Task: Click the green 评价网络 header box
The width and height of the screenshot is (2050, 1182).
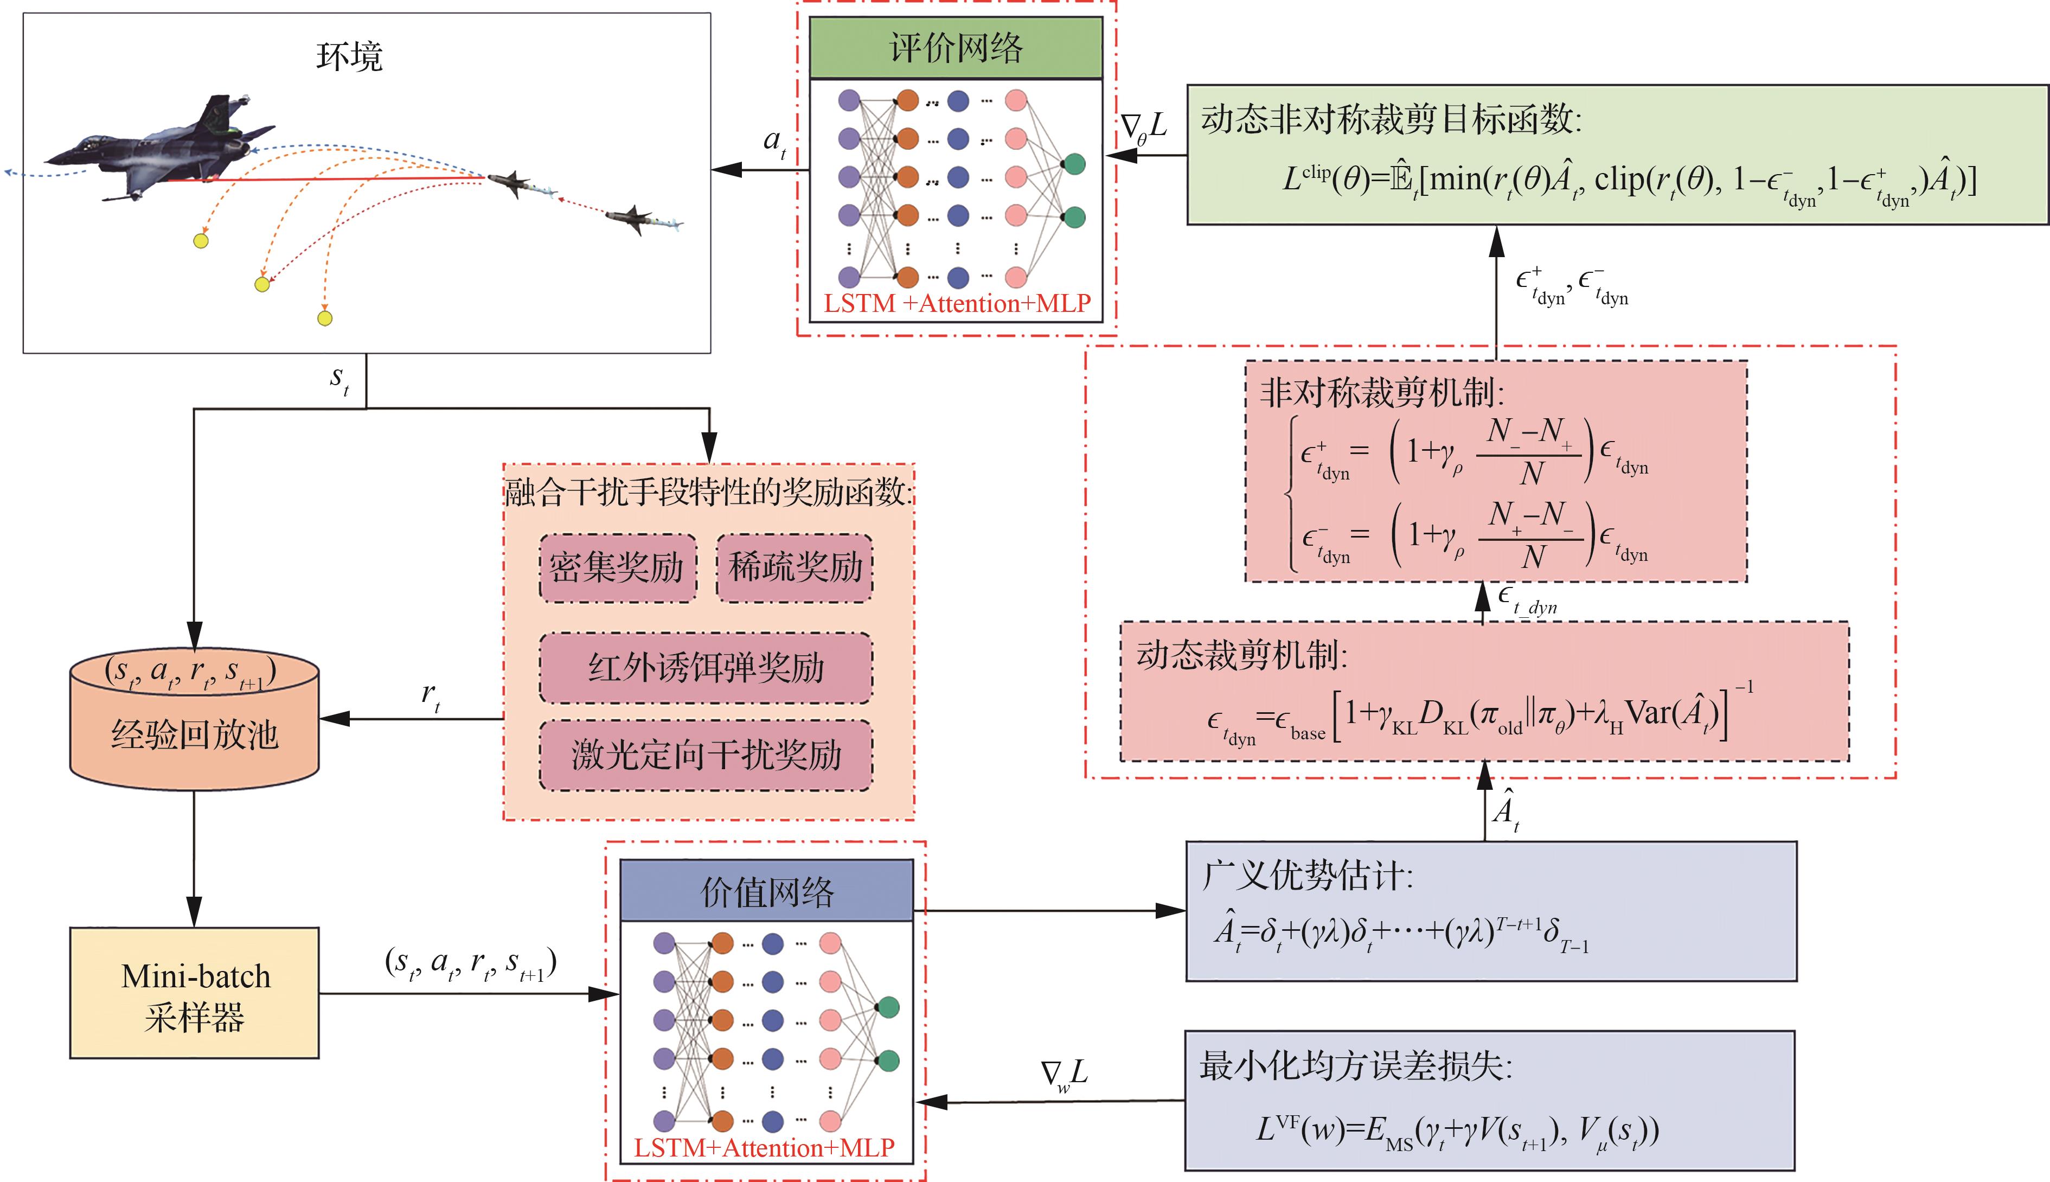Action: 956,48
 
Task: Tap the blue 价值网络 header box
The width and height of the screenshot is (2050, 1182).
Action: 767,891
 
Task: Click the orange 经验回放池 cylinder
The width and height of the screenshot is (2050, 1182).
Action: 195,723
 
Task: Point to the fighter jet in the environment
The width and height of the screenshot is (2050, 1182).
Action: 162,150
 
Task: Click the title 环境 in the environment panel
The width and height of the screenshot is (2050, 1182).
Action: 349,57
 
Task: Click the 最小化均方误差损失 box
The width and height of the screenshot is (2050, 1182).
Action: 1489,1100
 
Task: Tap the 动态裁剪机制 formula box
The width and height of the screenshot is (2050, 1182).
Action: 1484,692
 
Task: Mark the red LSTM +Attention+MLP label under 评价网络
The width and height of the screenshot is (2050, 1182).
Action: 957,304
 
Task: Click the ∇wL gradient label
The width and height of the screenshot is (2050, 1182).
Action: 1064,1075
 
